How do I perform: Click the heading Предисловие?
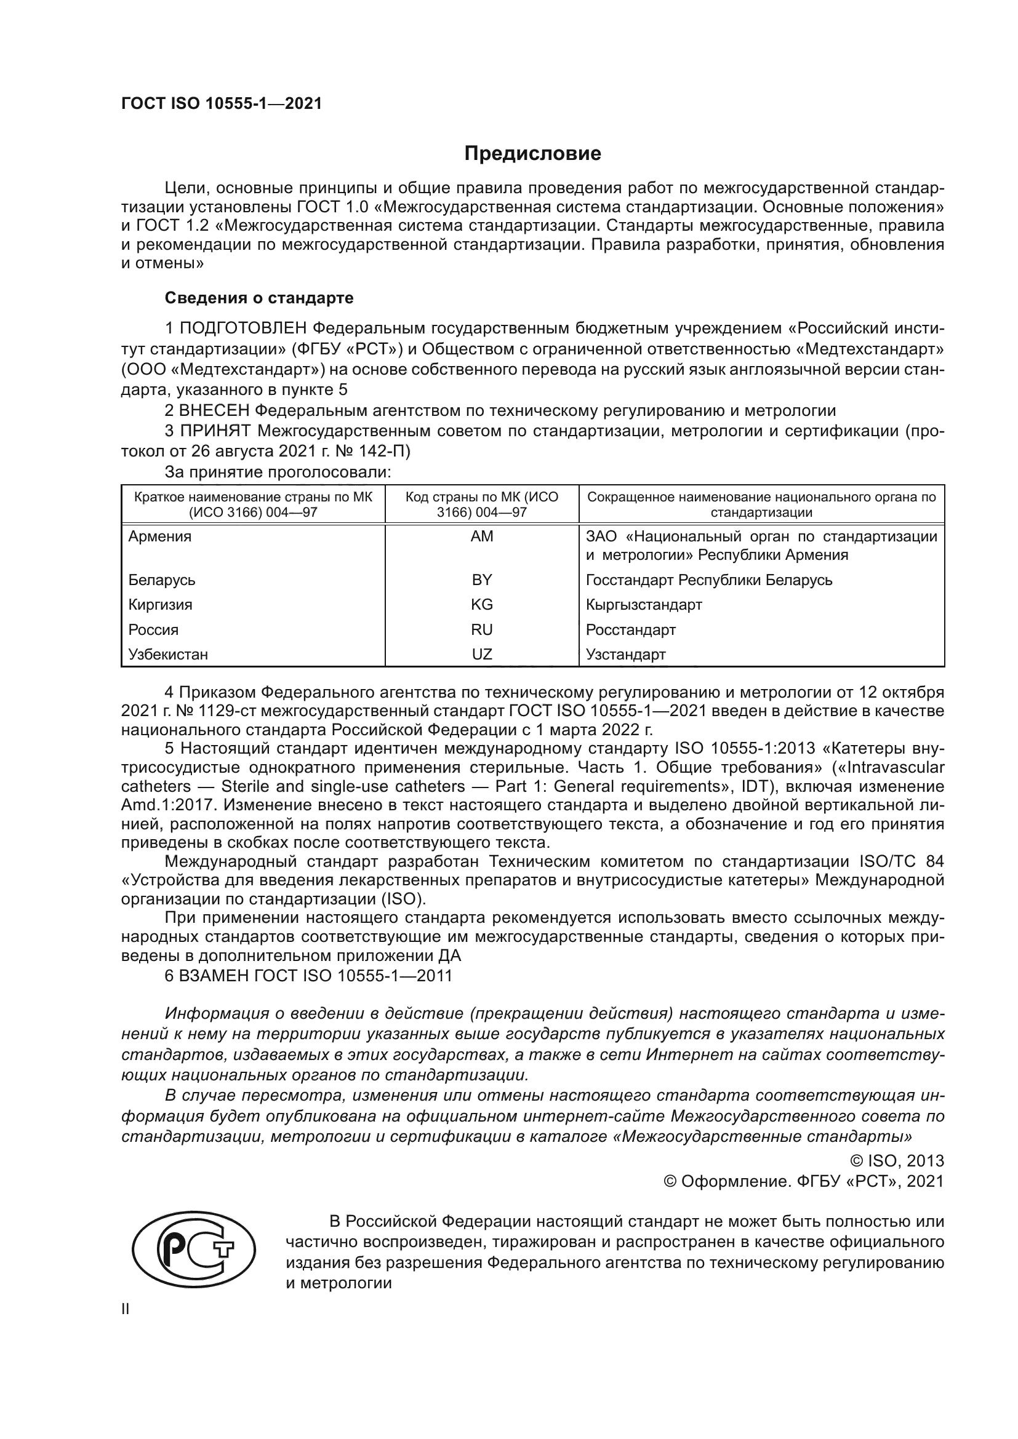click(x=532, y=154)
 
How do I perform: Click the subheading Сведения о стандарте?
click(x=259, y=298)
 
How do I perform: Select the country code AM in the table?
click(x=481, y=536)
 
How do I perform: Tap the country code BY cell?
click(x=481, y=580)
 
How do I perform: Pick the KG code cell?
click(x=481, y=605)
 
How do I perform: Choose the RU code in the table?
click(x=481, y=629)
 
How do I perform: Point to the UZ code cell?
click(x=481, y=655)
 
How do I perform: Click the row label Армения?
click(x=160, y=536)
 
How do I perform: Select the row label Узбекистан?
click(x=168, y=655)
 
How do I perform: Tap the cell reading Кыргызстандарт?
click(x=644, y=605)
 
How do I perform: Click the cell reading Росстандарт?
click(x=631, y=629)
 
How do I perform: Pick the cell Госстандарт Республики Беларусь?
click(x=709, y=580)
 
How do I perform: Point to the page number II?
click(x=126, y=1310)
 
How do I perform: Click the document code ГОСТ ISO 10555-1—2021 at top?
click(x=222, y=104)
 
